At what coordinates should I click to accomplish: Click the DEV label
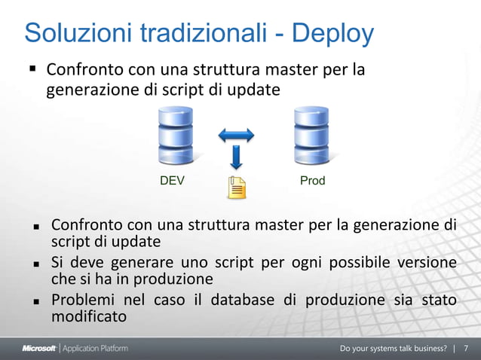click(172, 182)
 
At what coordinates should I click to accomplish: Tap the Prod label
click(312, 182)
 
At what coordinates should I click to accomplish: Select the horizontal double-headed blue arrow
click(236, 136)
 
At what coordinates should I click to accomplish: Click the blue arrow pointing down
click(236, 157)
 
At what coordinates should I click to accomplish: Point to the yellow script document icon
click(237, 187)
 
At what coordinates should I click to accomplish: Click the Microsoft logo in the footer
click(38, 349)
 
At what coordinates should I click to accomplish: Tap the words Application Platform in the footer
click(94, 349)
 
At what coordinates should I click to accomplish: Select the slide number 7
click(466, 349)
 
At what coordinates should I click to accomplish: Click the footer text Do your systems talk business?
click(393, 349)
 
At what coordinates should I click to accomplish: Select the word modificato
click(88, 316)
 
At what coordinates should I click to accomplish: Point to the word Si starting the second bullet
click(57, 263)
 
